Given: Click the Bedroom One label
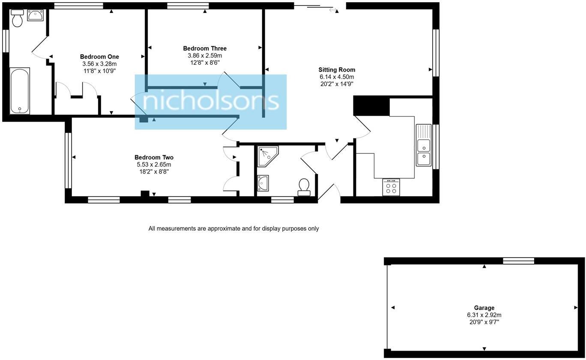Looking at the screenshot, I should [x=99, y=57].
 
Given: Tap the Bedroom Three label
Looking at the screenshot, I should [x=205, y=48].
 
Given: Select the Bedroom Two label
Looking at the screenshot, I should [x=154, y=157].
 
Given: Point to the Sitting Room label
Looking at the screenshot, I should [x=337, y=70].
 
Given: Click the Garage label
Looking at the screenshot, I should [x=484, y=308].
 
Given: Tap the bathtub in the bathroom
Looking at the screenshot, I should [x=20, y=90].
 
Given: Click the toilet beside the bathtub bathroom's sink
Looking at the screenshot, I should [x=17, y=18].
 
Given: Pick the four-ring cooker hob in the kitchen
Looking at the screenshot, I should [x=391, y=187].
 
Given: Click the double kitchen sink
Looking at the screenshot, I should [x=424, y=145].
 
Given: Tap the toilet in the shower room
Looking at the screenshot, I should [x=304, y=187].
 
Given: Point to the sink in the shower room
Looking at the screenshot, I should [x=263, y=183].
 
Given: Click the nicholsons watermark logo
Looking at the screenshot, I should [x=210, y=102].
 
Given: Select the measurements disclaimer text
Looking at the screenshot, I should [x=233, y=228].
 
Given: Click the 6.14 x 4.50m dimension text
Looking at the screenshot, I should [x=337, y=77].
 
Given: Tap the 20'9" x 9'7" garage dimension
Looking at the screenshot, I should [x=484, y=322].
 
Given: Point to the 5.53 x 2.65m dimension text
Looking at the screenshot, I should [x=154, y=165].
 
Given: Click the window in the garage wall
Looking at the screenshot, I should [x=518, y=261].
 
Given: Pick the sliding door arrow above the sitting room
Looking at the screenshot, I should [x=333, y=10].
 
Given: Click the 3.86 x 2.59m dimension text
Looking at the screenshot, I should [x=205, y=56].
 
